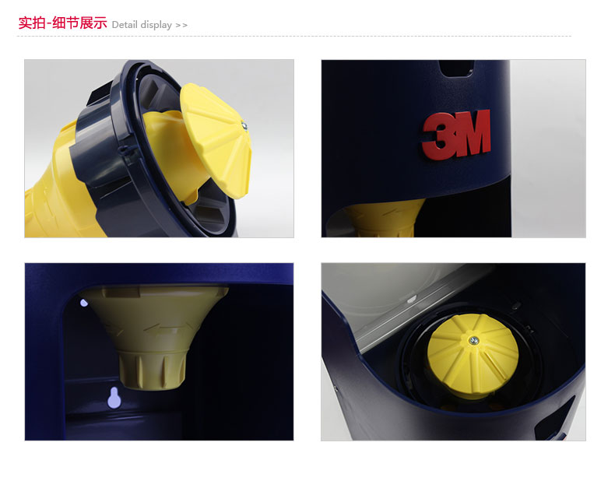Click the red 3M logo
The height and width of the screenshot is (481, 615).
456,135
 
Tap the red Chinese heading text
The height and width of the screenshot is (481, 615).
62,23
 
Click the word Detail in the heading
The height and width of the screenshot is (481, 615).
125,25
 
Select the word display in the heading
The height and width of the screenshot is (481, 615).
156,25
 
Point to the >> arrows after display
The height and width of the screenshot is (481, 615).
181,26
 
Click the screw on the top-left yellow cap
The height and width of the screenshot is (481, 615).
244,126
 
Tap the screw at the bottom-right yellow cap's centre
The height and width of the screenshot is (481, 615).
474,341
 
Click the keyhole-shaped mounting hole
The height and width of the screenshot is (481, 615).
114,398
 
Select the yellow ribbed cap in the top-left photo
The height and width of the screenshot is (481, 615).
216,140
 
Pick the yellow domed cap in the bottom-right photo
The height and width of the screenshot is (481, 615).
473,354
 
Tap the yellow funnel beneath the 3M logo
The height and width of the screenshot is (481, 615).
384,218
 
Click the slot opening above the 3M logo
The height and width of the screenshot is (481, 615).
456,68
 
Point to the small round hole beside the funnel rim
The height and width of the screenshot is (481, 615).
83,303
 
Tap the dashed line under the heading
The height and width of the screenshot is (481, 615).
294,36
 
